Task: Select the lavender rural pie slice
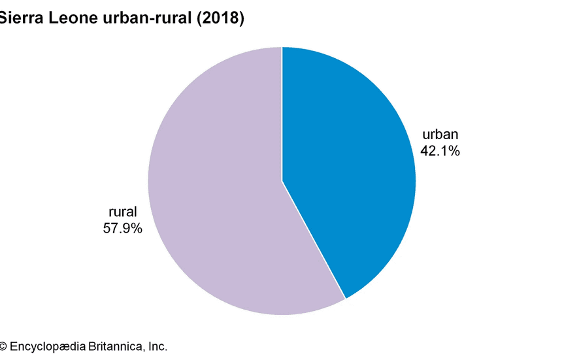coord(216,196)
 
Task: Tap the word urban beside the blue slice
coord(440,135)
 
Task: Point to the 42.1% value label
coord(440,151)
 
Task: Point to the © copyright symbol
coord(3,346)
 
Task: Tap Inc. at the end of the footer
coord(156,346)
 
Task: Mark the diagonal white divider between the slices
coord(314,240)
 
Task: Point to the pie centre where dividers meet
coord(282,181)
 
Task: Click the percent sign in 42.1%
coord(455,151)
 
